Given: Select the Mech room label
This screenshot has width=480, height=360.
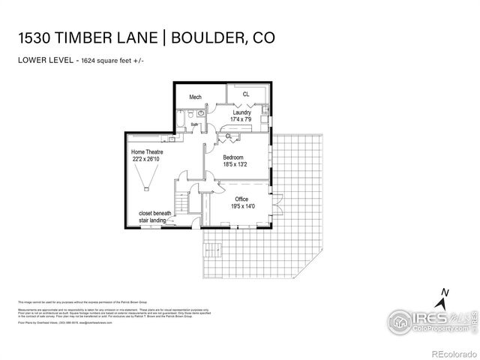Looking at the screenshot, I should coord(196,97).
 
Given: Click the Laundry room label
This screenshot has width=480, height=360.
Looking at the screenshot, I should coord(241,113).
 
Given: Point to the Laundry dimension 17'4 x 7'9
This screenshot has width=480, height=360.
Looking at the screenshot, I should coord(241,120).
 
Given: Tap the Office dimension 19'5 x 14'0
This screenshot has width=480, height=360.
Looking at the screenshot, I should coord(243,206).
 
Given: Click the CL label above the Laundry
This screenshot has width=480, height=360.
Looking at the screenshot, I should coord(245,94).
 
